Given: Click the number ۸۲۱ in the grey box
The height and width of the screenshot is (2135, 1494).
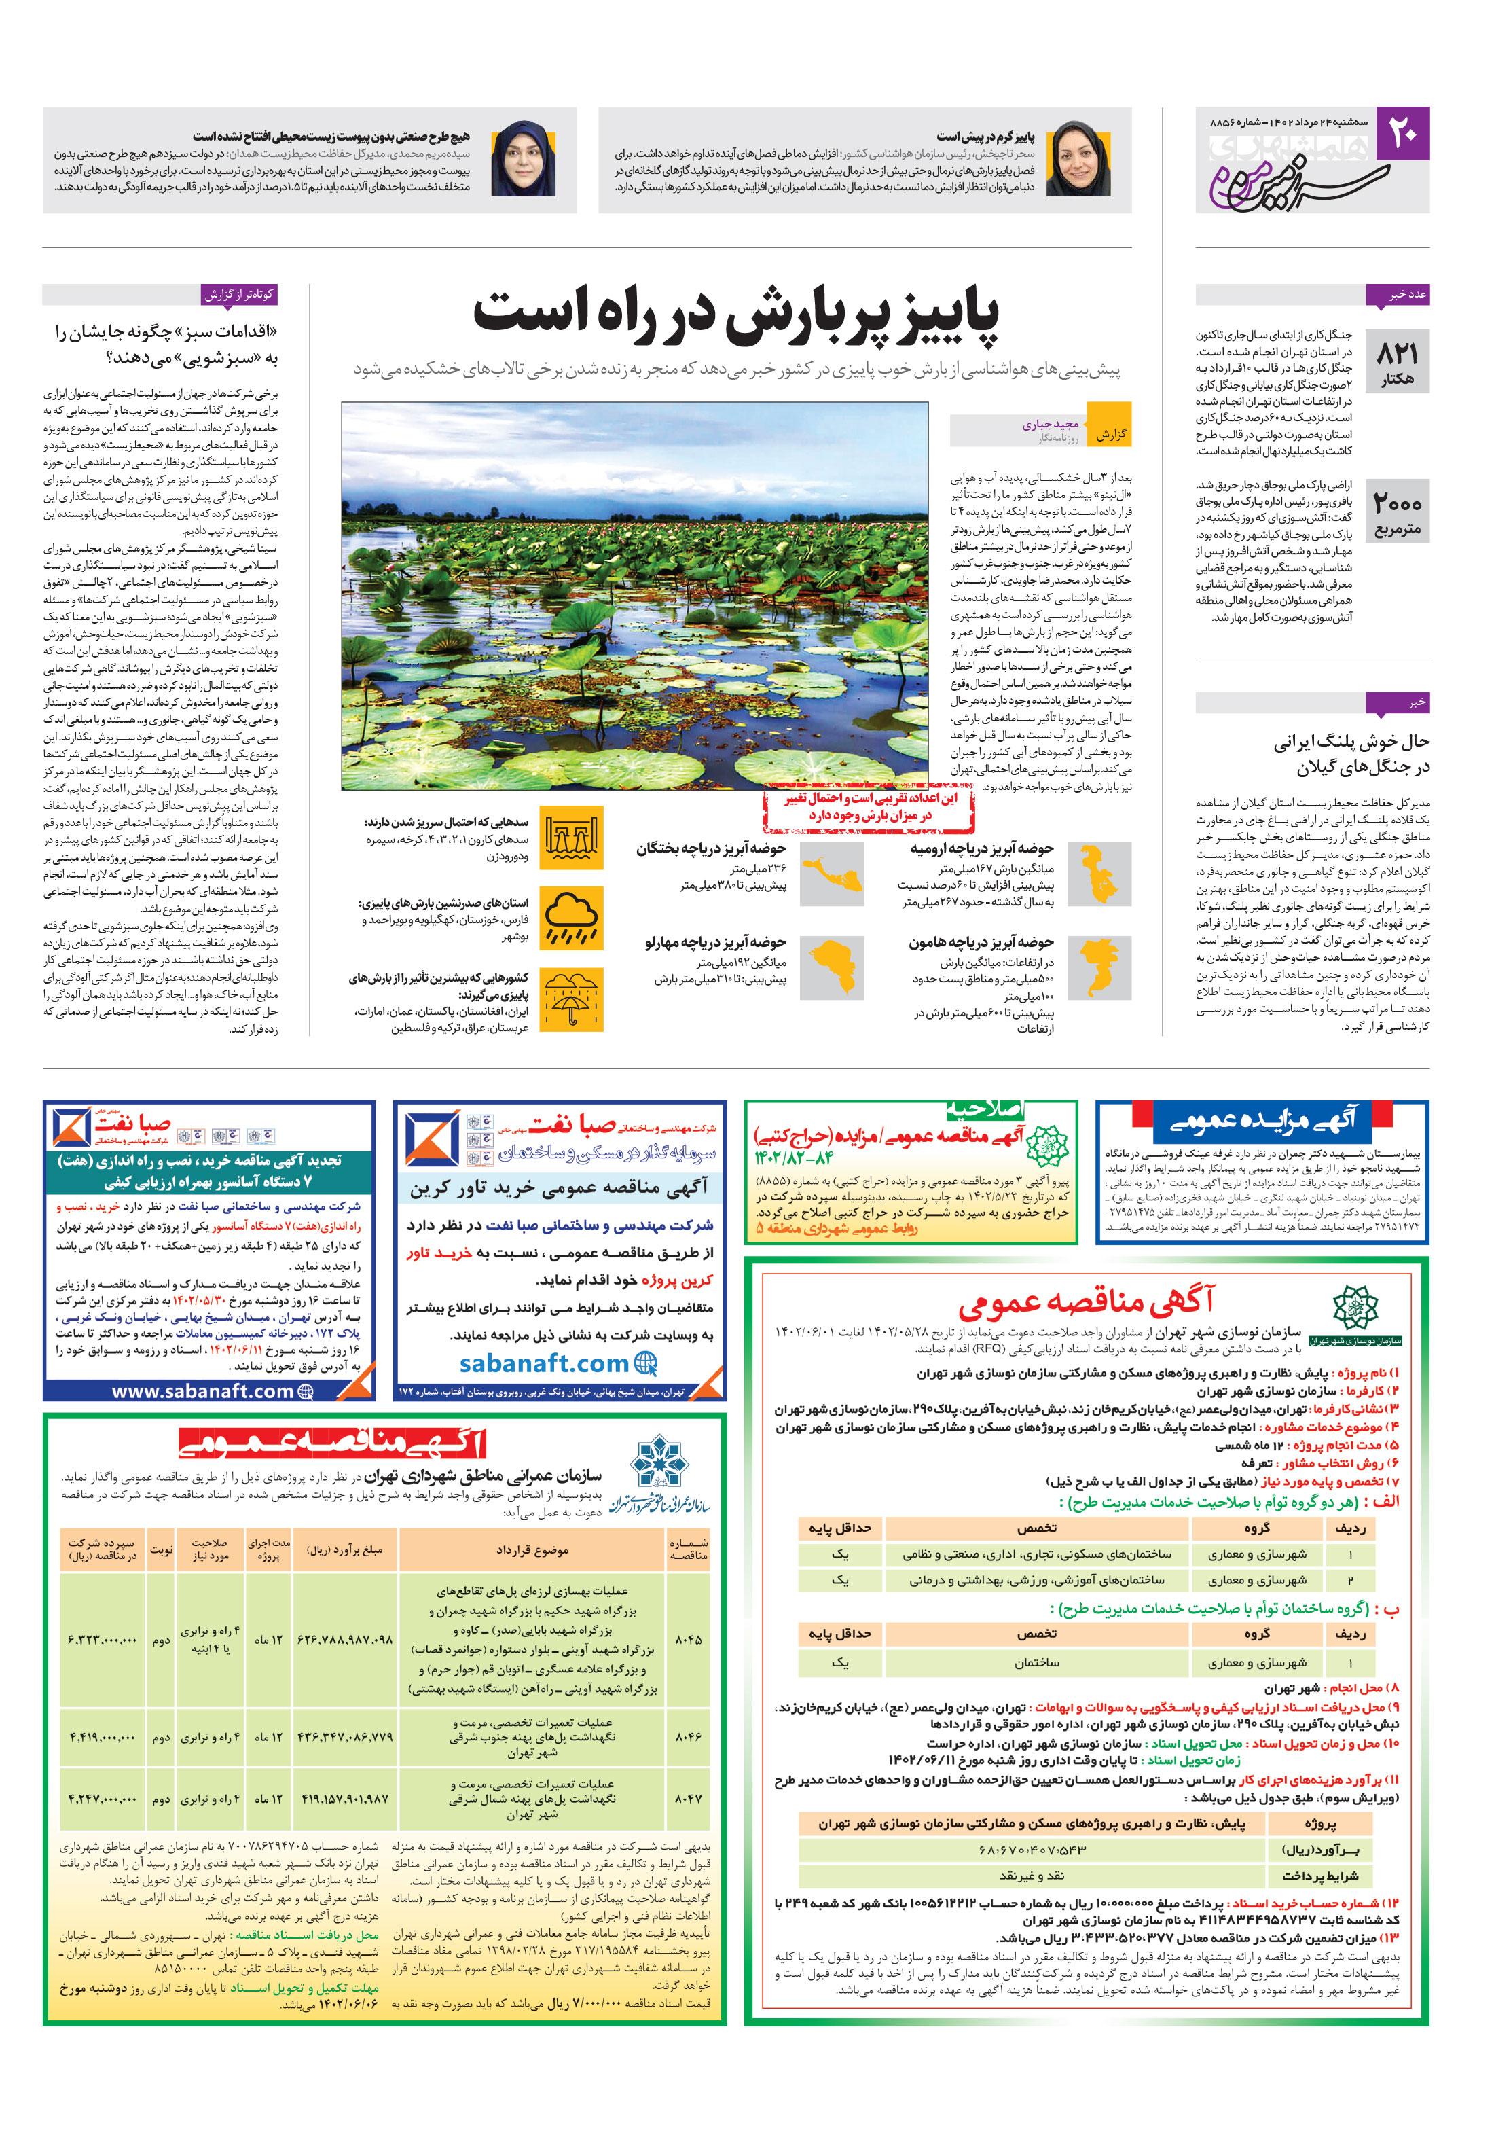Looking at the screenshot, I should (x=1396, y=353).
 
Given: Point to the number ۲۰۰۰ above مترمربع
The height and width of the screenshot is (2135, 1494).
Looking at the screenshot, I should (x=1396, y=504).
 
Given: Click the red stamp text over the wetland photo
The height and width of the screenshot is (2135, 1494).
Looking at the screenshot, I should (x=869, y=807).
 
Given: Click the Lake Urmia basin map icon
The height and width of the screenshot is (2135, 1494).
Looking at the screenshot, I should (x=1099, y=874).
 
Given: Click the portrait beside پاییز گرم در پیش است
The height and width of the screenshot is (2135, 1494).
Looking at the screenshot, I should (x=1078, y=160).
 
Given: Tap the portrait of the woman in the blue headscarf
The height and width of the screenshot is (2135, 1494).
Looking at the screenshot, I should (x=524, y=160).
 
